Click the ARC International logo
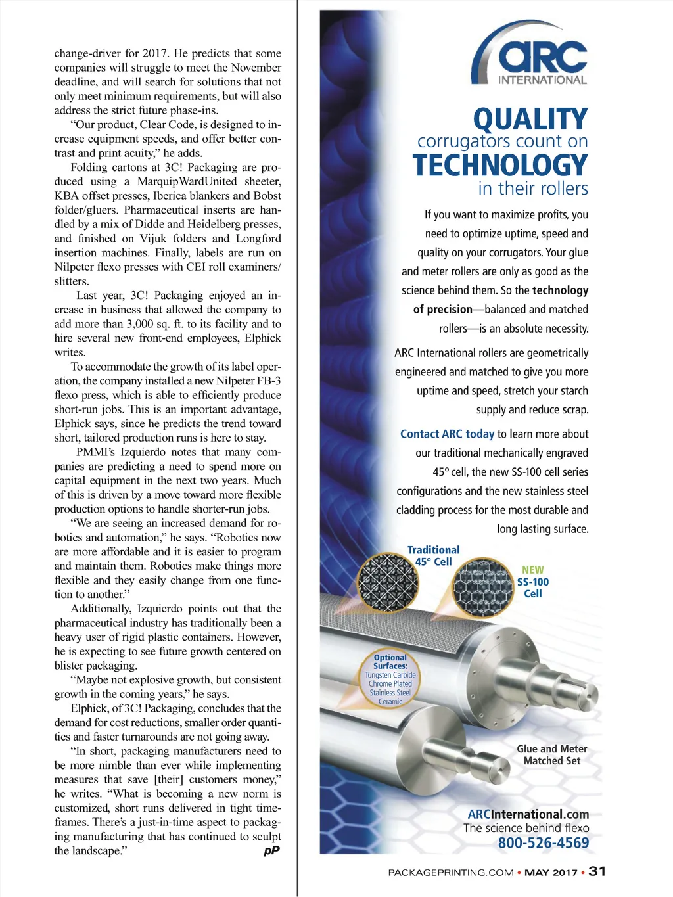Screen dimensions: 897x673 (x=530, y=55)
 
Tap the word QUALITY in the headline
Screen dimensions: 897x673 (x=530, y=119)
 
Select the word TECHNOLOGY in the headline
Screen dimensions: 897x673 (x=499, y=165)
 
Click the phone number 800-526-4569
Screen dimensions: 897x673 (x=543, y=843)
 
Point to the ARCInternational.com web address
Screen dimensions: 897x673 (x=528, y=814)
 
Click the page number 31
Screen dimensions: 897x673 (x=597, y=871)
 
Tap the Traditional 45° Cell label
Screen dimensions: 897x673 (x=433, y=555)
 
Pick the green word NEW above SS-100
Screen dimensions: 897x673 (x=533, y=570)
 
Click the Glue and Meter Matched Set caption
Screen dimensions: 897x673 (x=552, y=754)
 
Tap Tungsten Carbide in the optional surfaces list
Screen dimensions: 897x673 (x=390, y=675)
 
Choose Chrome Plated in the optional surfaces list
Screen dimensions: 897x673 (x=390, y=683)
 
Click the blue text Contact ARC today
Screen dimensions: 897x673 (x=447, y=434)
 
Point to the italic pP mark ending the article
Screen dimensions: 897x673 (x=271, y=850)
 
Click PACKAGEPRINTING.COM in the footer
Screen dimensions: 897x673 (x=450, y=873)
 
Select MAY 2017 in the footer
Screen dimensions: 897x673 (x=551, y=873)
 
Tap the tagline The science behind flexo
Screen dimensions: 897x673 (x=526, y=828)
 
